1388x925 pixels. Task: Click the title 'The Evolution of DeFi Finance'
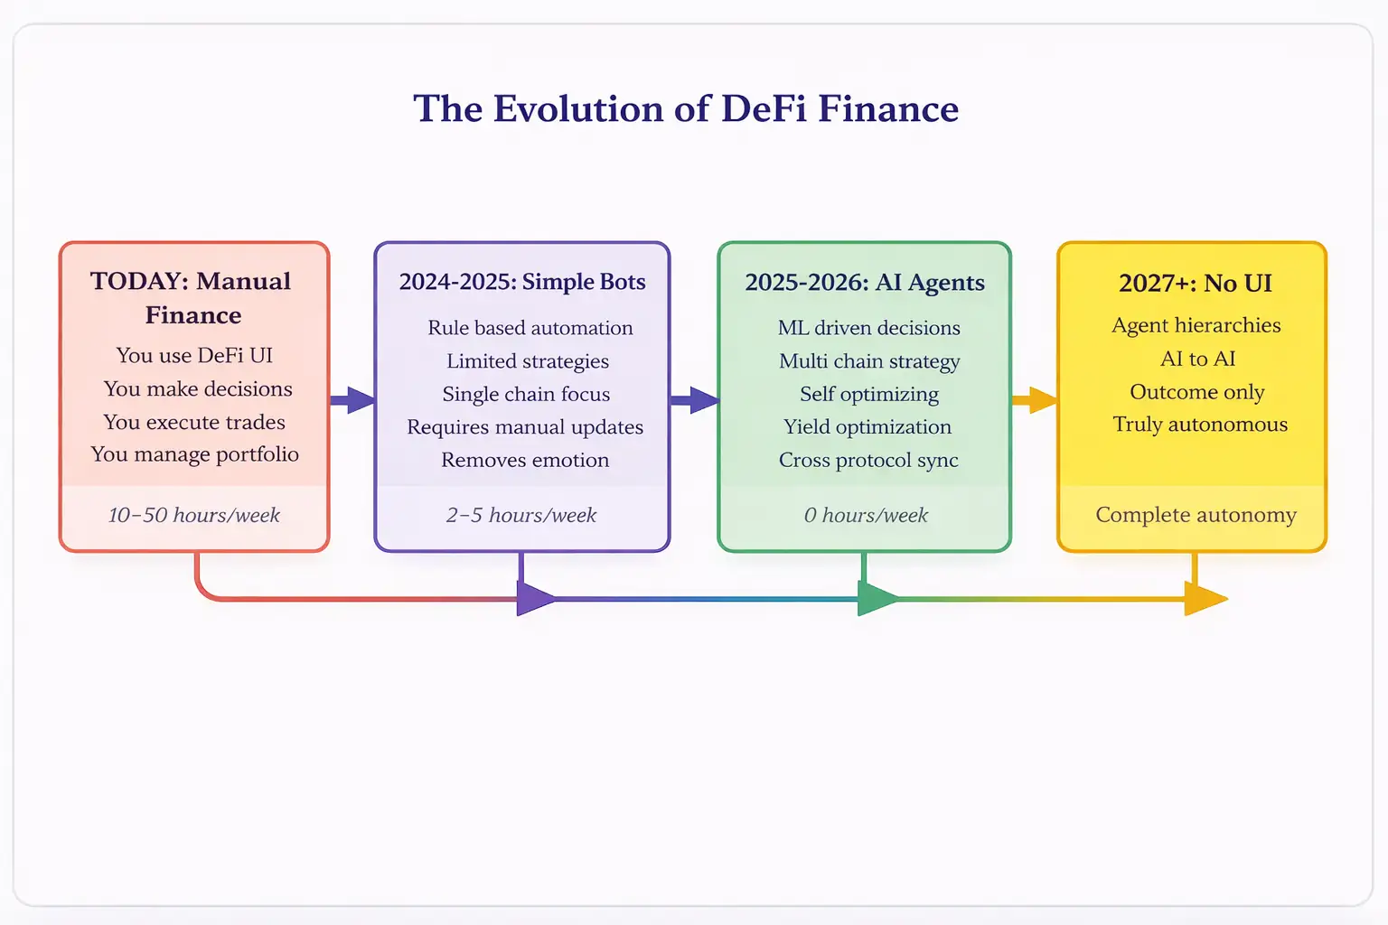(686, 109)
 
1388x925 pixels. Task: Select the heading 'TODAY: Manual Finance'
(192, 298)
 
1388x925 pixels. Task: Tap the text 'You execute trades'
(194, 422)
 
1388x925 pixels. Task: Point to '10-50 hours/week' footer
(194, 516)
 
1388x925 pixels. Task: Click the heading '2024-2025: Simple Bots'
(522, 282)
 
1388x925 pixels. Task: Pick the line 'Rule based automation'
(530, 328)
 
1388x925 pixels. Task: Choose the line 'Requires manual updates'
(525, 427)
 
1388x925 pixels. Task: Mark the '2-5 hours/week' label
(521, 516)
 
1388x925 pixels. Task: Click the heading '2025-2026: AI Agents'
(865, 283)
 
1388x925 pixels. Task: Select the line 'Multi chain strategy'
(869, 361)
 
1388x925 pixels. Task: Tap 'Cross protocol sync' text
(868, 461)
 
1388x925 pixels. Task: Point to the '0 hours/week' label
(866, 516)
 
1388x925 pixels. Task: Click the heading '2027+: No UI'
(1195, 284)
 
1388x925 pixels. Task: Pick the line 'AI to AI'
(1197, 359)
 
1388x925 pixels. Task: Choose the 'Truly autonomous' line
(1200, 425)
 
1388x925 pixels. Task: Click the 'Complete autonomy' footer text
(1196, 515)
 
